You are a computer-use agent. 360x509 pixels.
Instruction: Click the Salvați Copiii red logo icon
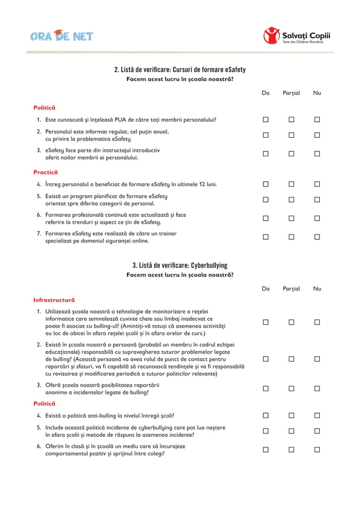point(271,36)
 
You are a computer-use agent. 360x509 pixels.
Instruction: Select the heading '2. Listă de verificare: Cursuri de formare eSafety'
point(180,69)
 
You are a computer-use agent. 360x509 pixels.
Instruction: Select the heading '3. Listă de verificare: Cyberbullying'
point(180,265)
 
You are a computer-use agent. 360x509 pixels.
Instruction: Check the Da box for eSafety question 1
point(266,120)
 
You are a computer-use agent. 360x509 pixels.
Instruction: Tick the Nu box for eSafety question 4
point(317,184)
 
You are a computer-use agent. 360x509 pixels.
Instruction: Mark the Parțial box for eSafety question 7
point(292,237)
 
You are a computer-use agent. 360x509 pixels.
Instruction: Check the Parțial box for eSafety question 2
point(292,135)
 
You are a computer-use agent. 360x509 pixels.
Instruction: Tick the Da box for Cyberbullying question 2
point(266,358)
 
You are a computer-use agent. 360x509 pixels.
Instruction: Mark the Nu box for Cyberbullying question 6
point(317,450)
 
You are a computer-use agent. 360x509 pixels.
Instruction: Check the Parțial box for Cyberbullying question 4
point(292,415)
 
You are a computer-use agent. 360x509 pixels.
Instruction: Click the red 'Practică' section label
point(45,172)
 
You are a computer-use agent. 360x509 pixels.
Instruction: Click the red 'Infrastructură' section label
point(54,300)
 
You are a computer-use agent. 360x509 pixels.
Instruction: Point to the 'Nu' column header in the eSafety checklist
point(317,93)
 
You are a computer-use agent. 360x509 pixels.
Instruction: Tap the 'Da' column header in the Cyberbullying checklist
point(266,288)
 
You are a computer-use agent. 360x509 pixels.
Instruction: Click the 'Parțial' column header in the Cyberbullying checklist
point(292,288)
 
